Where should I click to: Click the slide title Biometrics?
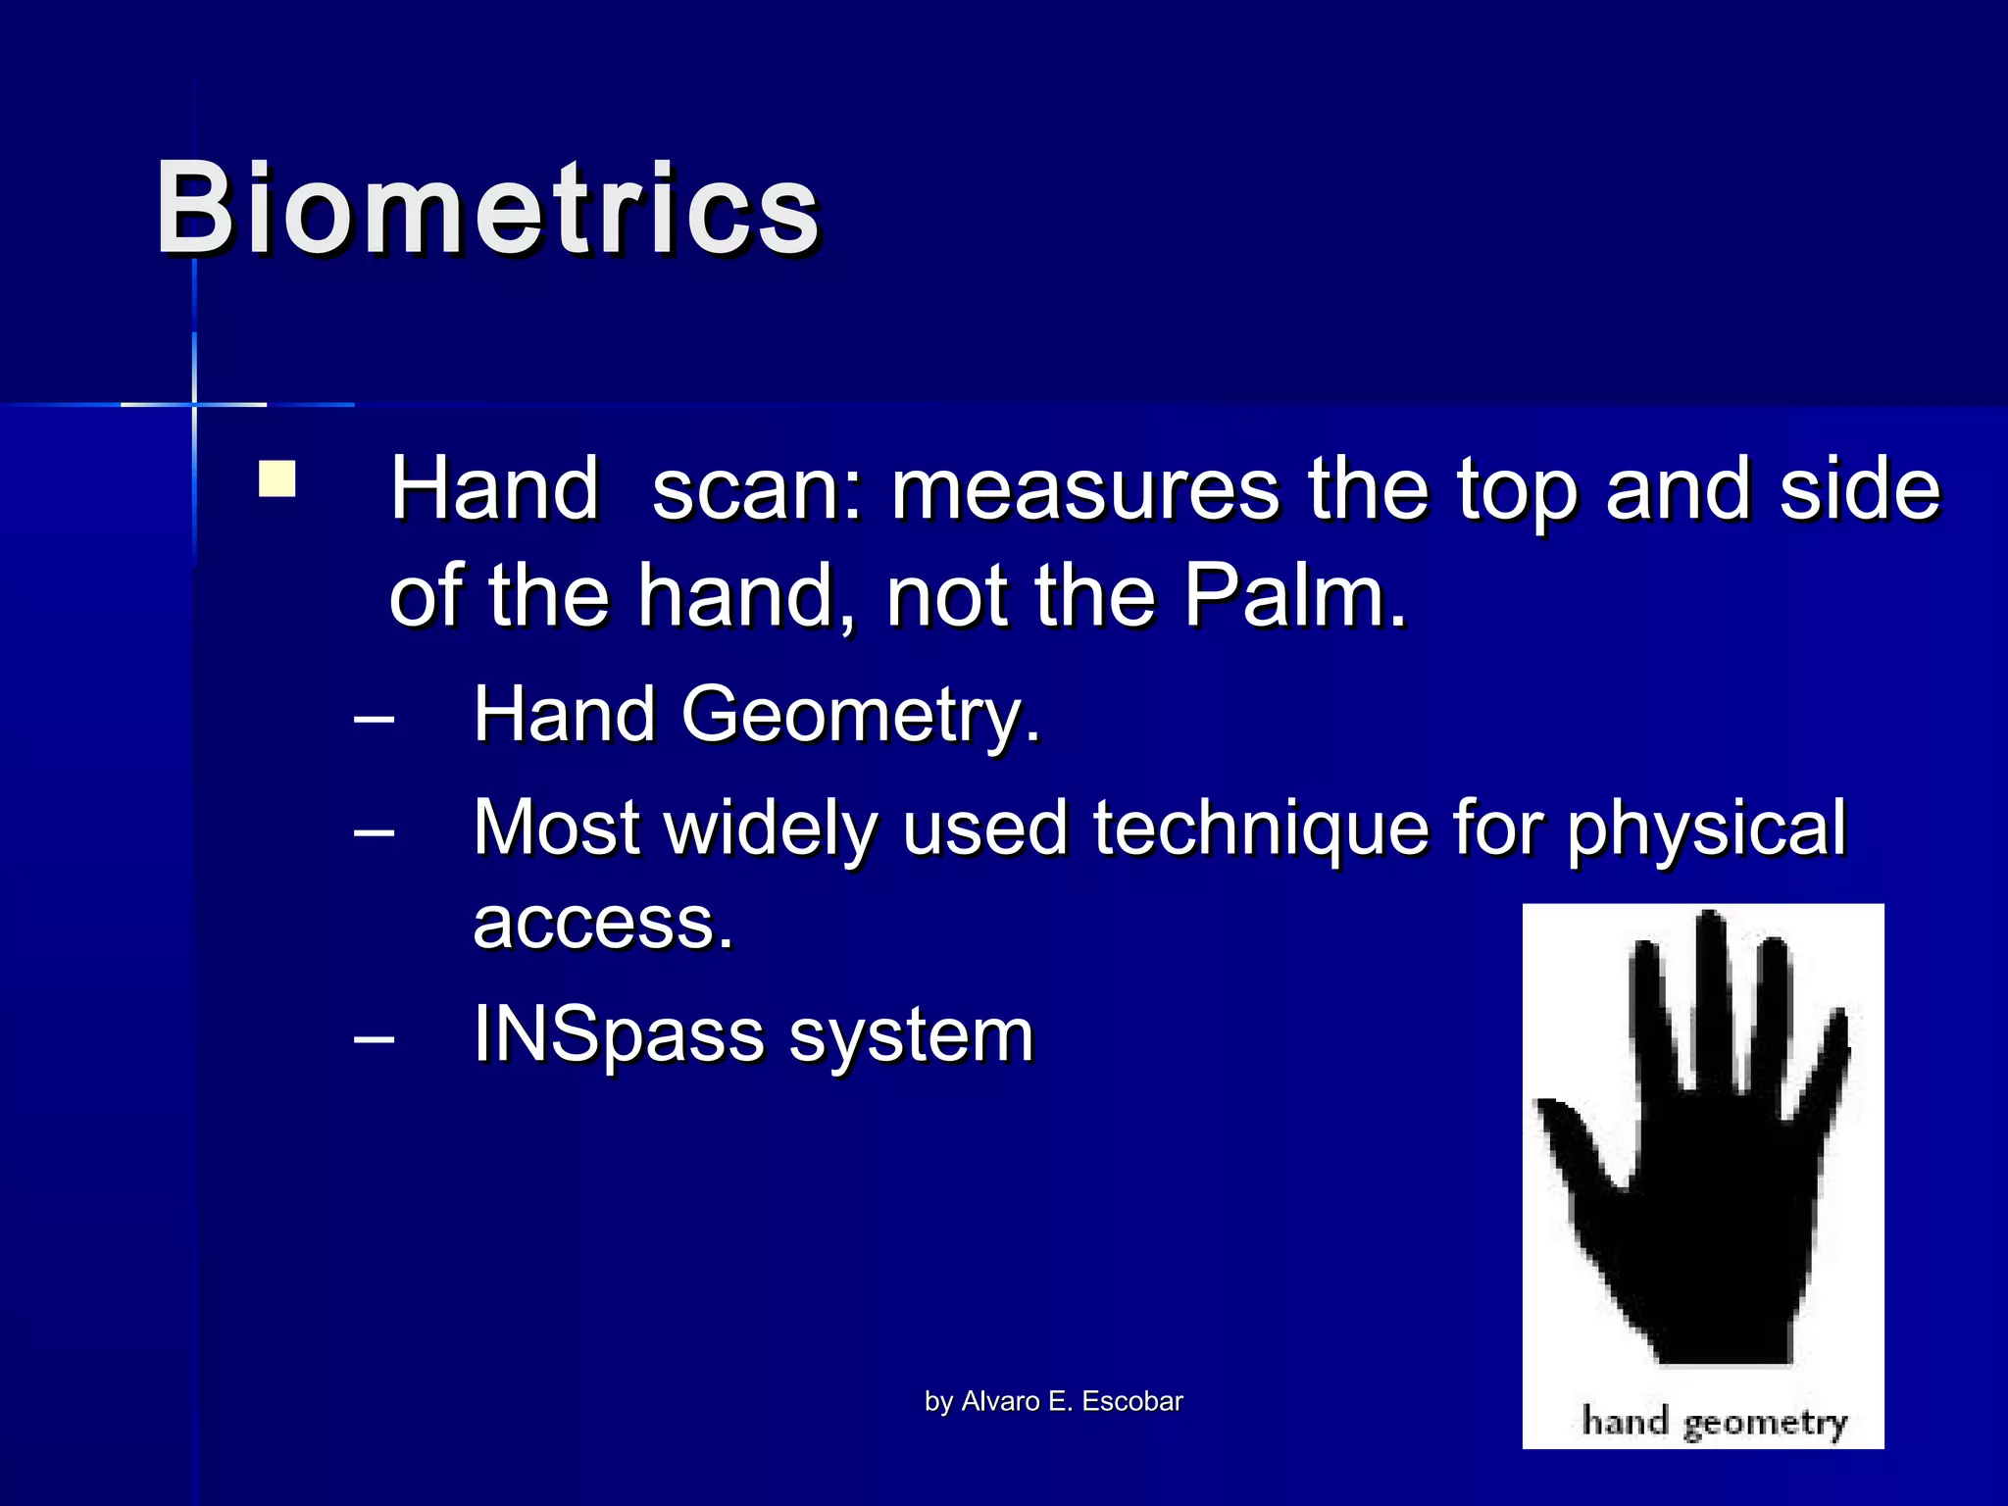tap(487, 209)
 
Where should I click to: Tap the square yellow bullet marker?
tap(277, 480)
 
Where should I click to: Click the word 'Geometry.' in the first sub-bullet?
tap(860, 715)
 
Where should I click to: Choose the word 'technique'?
tap(1259, 829)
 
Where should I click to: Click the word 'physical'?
tap(1706, 829)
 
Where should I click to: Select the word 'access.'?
tap(603, 923)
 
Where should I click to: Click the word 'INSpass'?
tap(618, 1035)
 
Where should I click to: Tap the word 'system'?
tap(912, 1035)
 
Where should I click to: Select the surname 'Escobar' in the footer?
tap(1132, 1401)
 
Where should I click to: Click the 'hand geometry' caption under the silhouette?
tap(1714, 1421)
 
